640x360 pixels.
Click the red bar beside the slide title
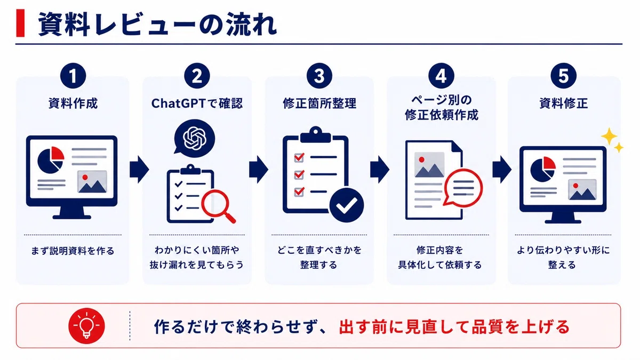[x=20, y=23]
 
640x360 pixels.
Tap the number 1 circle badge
[x=73, y=76]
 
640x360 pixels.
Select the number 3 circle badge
[x=319, y=76]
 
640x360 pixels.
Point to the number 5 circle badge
[x=563, y=76]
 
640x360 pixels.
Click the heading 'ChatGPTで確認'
[x=197, y=103]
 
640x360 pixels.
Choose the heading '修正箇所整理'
[x=319, y=103]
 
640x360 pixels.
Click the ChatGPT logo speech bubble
[x=194, y=138]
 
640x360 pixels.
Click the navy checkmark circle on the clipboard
[x=347, y=205]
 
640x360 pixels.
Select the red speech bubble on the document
[x=463, y=187]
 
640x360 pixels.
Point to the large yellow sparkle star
[x=609, y=137]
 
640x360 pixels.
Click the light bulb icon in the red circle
[x=86, y=326]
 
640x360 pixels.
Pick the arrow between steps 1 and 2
[x=139, y=170]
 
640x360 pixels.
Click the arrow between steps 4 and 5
[x=502, y=170]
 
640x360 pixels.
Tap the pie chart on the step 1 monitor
[x=51, y=160]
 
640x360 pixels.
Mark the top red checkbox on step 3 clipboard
[x=299, y=157]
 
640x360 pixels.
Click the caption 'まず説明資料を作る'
[x=73, y=251]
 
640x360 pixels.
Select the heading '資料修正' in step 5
[x=563, y=103]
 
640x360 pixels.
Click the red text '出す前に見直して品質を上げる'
[x=454, y=327]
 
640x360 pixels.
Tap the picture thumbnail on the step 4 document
[x=429, y=165]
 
